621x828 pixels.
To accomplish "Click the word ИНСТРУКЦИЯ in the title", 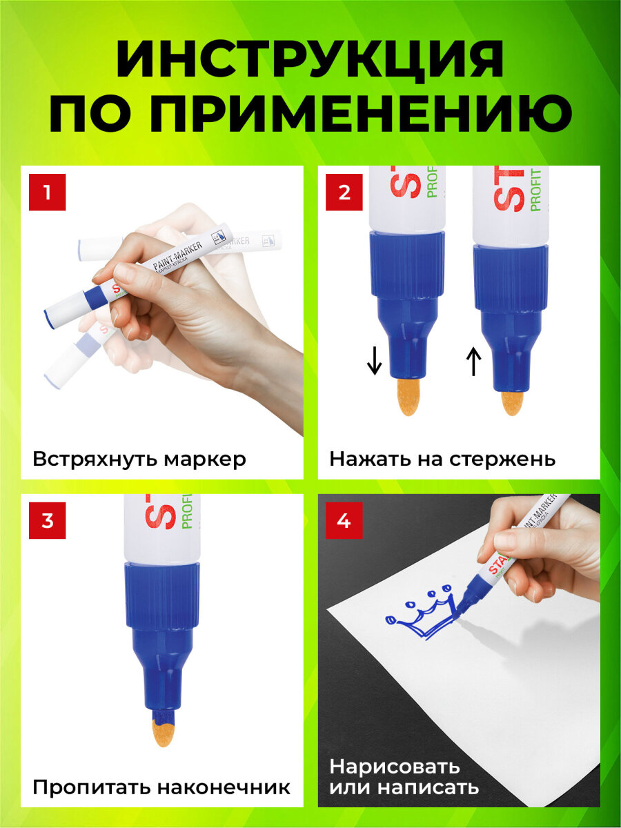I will point(310,61).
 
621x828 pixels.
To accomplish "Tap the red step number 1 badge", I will point(47,192).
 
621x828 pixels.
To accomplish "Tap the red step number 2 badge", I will point(344,192).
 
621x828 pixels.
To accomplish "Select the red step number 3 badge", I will point(47,520).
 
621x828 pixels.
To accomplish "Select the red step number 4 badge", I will point(344,520).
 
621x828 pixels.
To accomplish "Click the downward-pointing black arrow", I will point(374,361).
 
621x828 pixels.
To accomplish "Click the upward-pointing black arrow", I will point(473,361).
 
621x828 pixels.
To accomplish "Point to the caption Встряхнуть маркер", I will point(139,459).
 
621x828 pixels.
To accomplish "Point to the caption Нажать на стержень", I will point(442,459).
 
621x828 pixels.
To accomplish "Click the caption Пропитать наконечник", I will point(161,787).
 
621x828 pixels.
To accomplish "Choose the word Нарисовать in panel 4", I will point(394,767).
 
